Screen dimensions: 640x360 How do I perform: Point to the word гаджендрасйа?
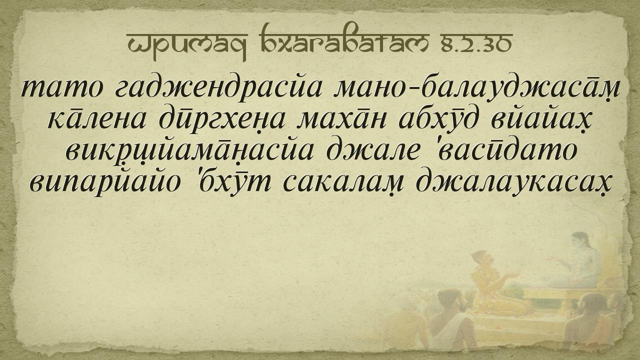point(219,87)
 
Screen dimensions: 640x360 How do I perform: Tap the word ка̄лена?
point(96,120)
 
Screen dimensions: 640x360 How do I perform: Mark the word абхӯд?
point(438,120)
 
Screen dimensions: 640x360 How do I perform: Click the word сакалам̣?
point(343,183)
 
